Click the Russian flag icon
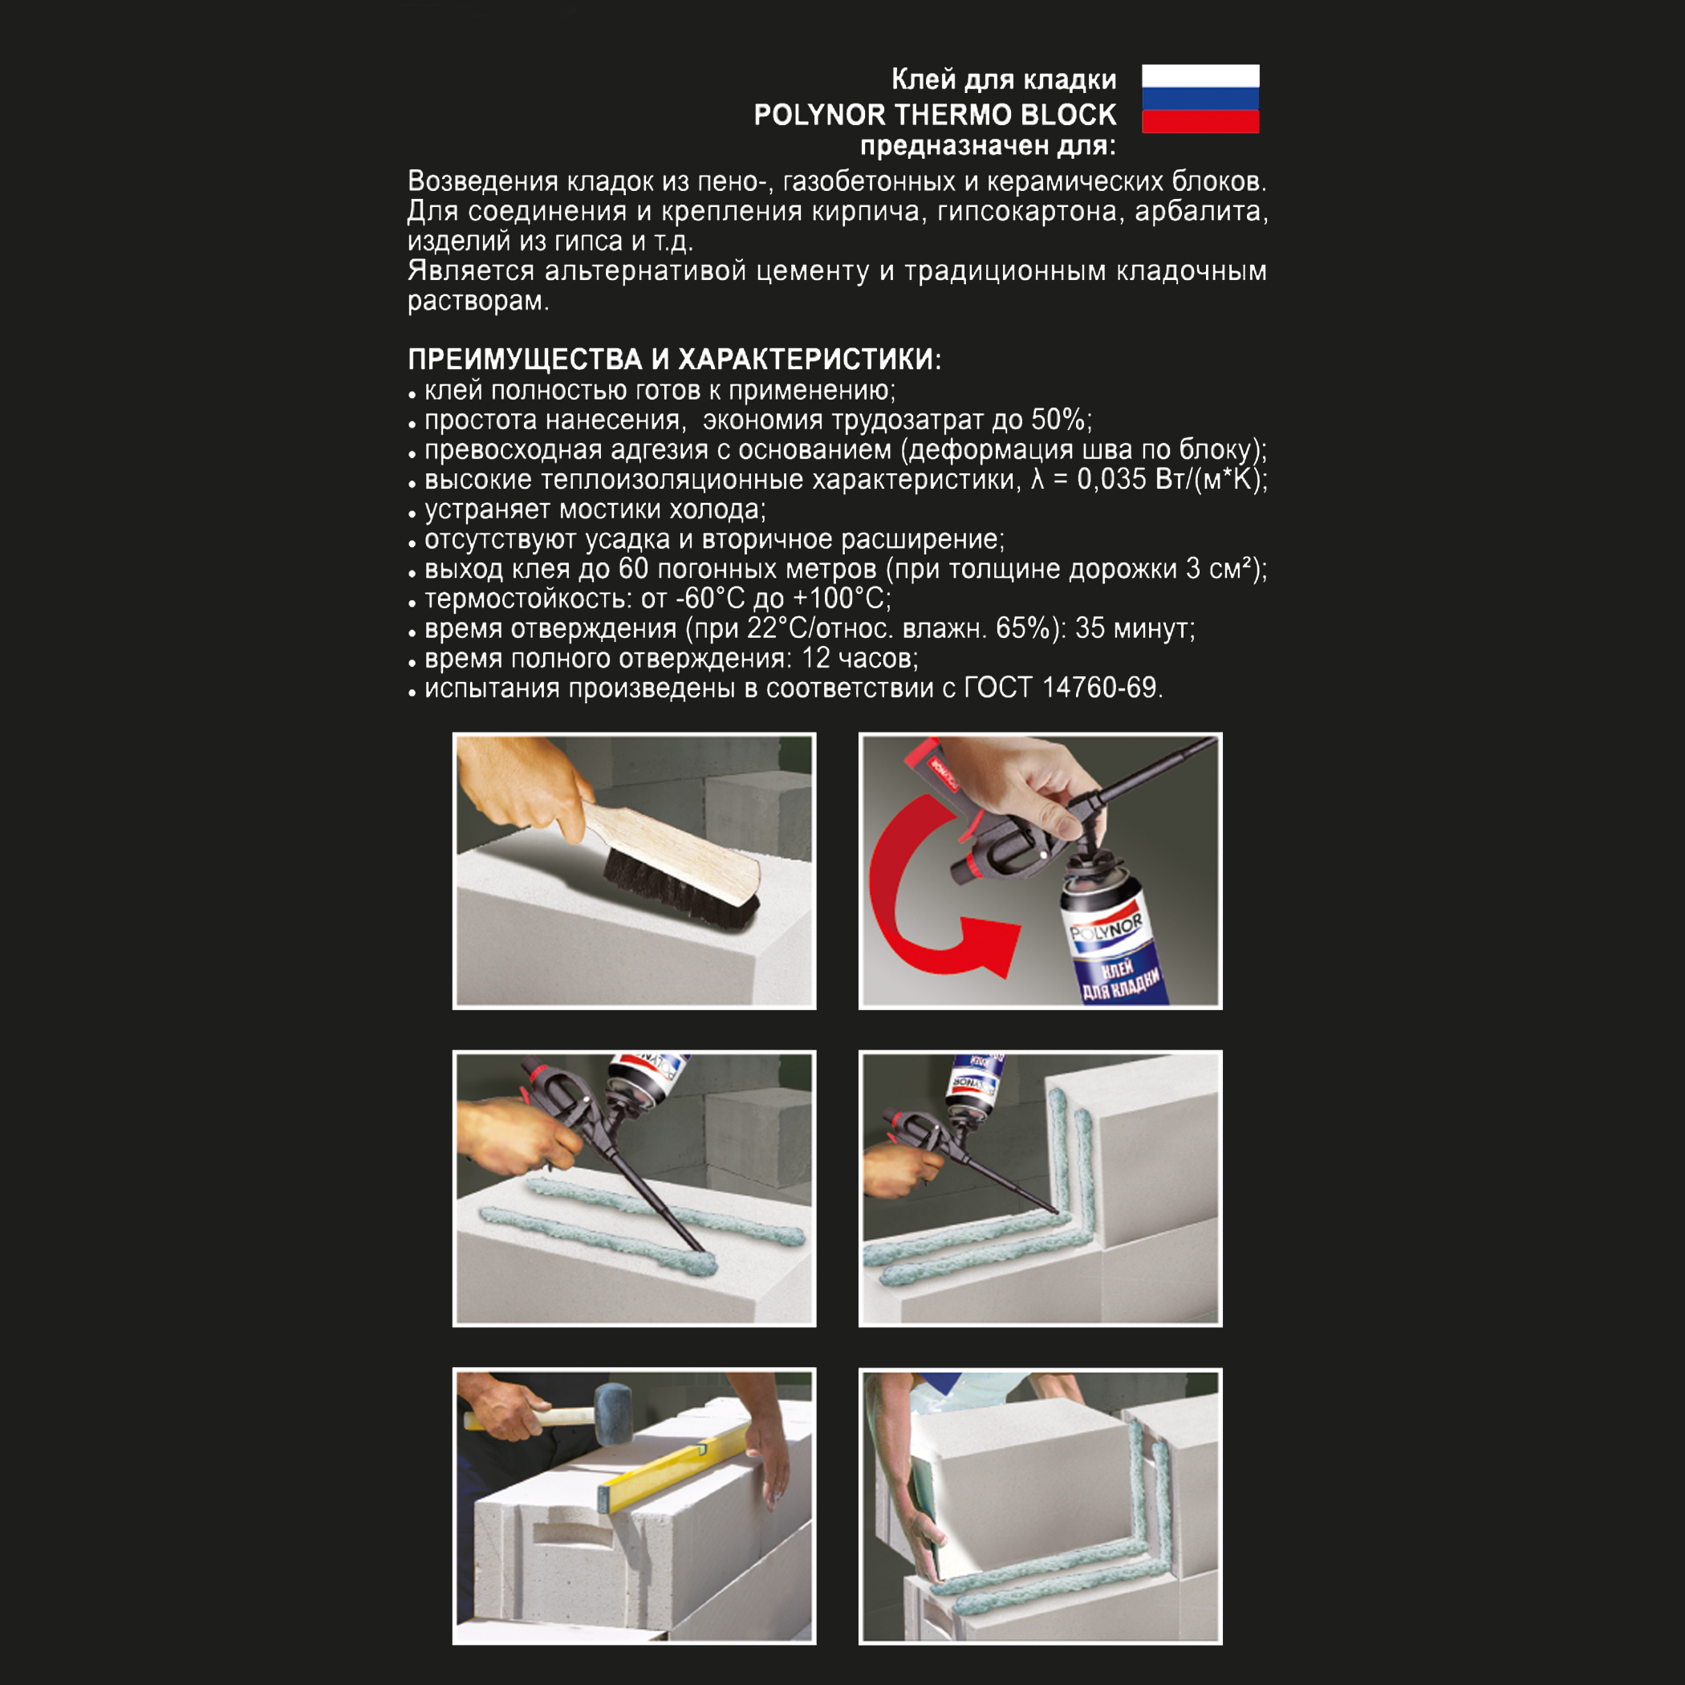[x=1200, y=99]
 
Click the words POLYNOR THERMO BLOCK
[x=934, y=114]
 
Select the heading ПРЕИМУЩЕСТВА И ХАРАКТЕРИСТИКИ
[x=673, y=359]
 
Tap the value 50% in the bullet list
[x=1057, y=420]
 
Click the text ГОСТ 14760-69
[x=1061, y=688]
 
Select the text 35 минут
[x=1134, y=628]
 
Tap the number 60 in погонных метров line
[x=633, y=569]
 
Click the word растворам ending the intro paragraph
[x=476, y=301]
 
